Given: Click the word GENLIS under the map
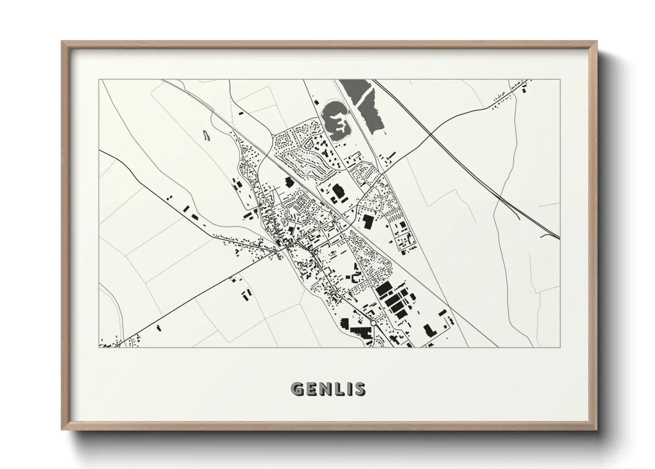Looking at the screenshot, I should (328, 389).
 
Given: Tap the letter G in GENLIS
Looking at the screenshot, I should (297, 389).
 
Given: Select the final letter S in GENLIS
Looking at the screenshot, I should (360, 389).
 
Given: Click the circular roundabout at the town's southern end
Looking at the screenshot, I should (373, 324).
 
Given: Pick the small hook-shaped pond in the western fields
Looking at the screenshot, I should (207, 136).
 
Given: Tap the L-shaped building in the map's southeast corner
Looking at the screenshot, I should (428, 330).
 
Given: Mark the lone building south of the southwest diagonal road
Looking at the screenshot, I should (159, 328).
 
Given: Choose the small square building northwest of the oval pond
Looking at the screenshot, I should (316, 102).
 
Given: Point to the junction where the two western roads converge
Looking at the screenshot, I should (278, 251).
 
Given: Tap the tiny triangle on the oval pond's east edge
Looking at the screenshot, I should (350, 113).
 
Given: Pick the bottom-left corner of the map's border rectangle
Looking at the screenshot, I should (99, 347).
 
